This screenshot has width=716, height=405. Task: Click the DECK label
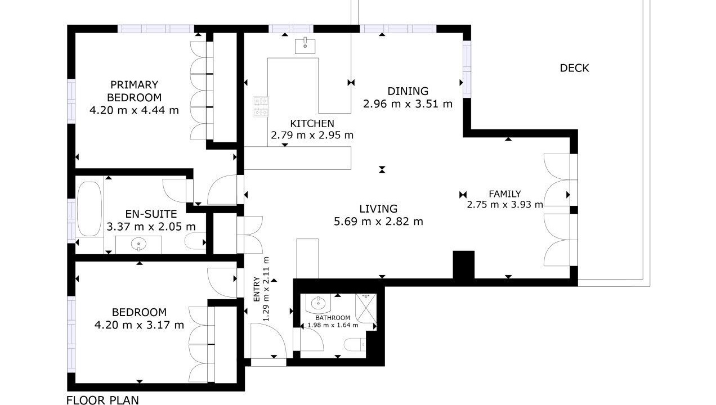coord(574,68)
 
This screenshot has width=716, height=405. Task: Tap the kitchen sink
coord(305,46)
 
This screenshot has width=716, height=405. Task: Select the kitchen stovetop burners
coord(261,107)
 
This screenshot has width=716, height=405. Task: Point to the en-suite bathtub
coord(89,209)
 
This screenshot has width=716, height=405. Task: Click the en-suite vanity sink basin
coord(138,244)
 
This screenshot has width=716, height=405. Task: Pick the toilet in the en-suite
coord(195,241)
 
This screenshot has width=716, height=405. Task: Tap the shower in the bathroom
coord(366,308)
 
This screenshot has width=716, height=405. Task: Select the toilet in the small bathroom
coord(355,345)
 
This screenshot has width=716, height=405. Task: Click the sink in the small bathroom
coord(317,303)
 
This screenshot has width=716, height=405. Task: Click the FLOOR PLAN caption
coord(102,400)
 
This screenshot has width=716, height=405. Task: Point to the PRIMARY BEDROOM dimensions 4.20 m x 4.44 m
coord(134,110)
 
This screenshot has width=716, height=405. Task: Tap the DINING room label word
coord(408,91)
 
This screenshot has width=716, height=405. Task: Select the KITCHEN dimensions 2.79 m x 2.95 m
coord(312,135)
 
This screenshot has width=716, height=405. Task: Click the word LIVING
coord(378,209)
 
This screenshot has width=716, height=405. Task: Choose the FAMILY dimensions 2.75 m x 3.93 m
coord(505,204)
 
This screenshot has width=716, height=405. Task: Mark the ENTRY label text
coord(257,289)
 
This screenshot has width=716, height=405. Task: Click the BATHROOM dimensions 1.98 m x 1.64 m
coord(333,325)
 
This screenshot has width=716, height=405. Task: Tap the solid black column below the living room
coord(464,264)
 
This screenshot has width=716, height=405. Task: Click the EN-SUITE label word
coord(151,214)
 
